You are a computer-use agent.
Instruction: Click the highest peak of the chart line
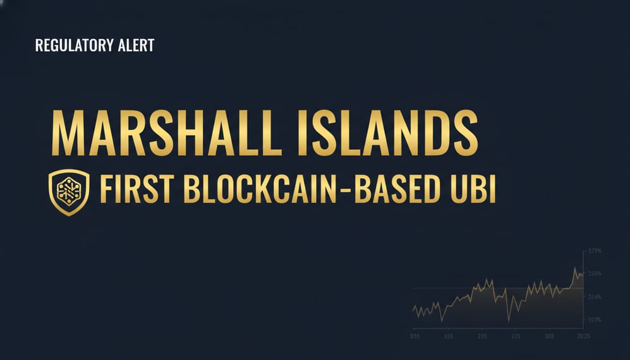pyautogui.click(x=575, y=268)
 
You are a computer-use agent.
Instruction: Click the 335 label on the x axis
pyautogui.click(x=448, y=335)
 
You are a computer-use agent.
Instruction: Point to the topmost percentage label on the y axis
pyautogui.click(x=595, y=251)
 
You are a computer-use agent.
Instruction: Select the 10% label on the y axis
pyautogui.click(x=595, y=320)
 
